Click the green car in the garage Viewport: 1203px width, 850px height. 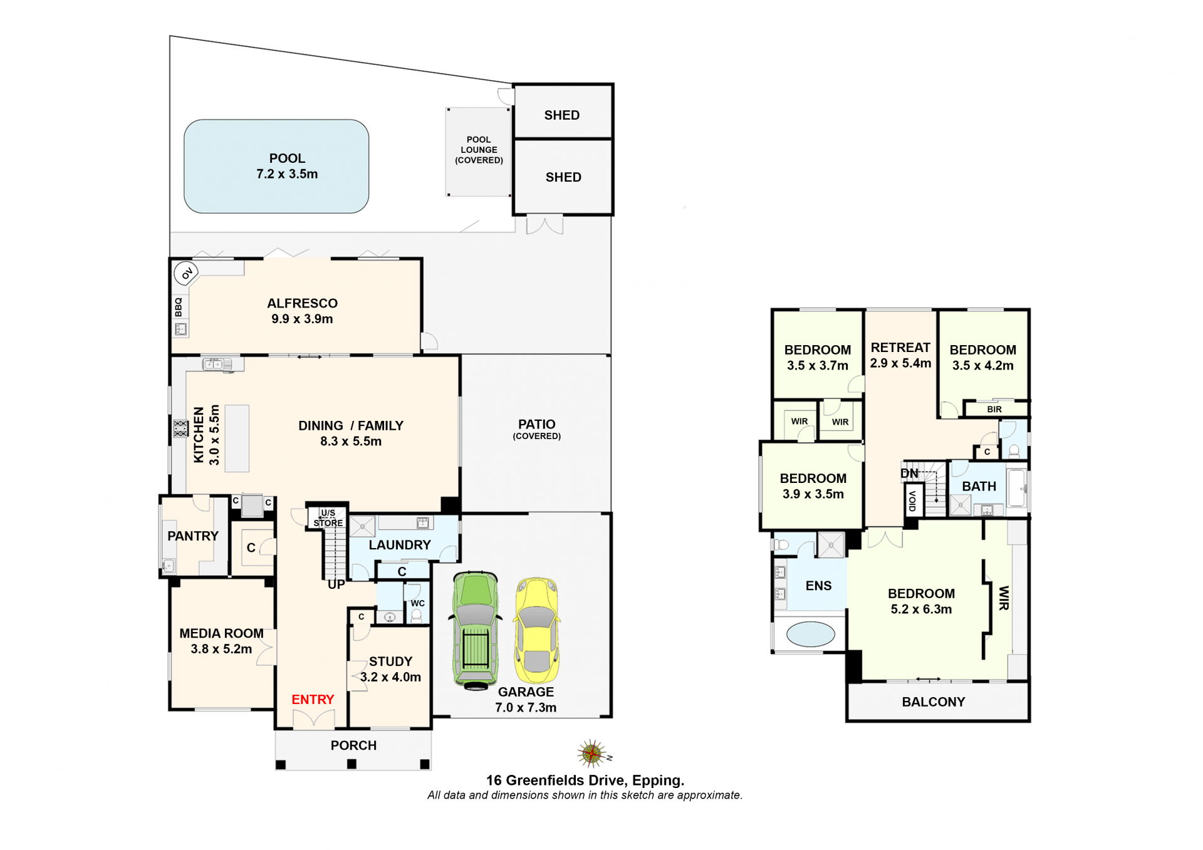pyautogui.click(x=476, y=630)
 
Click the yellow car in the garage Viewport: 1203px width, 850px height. pyautogui.click(x=537, y=630)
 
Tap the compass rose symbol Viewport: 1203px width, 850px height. pyautogui.click(x=592, y=754)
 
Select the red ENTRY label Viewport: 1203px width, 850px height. pyautogui.click(x=313, y=700)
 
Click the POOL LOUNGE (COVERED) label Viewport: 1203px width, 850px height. pyautogui.click(x=479, y=150)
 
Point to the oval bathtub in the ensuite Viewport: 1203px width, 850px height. pyautogui.click(x=810, y=634)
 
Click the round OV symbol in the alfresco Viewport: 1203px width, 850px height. pyautogui.click(x=186, y=273)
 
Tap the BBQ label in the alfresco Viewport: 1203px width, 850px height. pyautogui.click(x=179, y=307)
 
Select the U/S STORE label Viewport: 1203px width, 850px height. pyautogui.click(x=328, y=518)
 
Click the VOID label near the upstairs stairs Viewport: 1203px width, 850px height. pyautogui.click(x=912, y=501)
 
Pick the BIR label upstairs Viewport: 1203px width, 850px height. pyautogui.click(x=994, y=410)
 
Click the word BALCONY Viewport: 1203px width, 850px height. pyautogui.click(x=934, y=702)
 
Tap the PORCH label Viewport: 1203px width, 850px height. pyautogui.click(x=353, y=745)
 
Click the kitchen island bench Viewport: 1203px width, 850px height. pyautogui.click(x=237, y=438)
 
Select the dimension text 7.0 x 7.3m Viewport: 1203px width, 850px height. pyautogui.click(x=526, y=708)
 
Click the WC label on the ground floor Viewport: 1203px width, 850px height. pyautogui.click(x=417, y=603)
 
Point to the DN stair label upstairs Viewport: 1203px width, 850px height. pyautogui.click(x=909, y=474)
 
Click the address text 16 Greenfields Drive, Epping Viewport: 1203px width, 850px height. pyautogui.click(x=585, y=780)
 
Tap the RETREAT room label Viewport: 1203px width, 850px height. pyautogui.click(x=900, y=348)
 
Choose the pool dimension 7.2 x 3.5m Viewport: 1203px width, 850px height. pyautogui.click(x=287, y=174)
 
